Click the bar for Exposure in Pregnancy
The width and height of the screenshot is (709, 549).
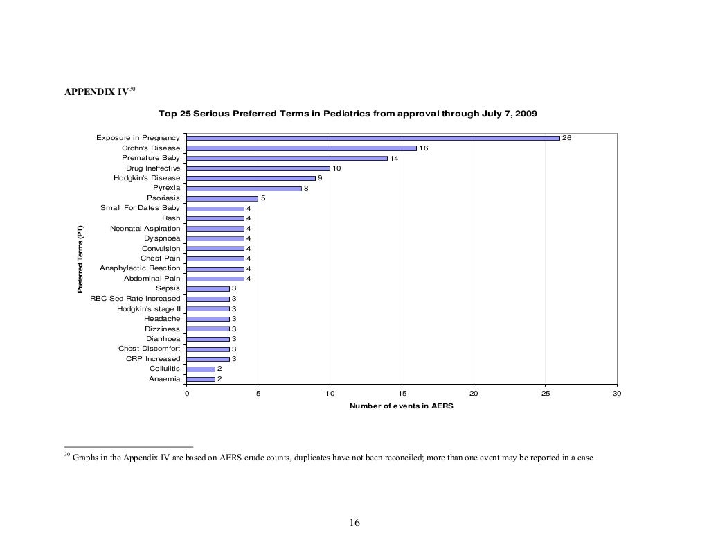(x=373, y=138)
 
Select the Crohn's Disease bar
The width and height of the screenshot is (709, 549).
(x=301, y=148)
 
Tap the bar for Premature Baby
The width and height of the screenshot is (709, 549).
(x=287, y=158)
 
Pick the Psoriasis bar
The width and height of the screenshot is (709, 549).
(x=222, y=198)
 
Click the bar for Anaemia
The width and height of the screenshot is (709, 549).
(x=200, y=379)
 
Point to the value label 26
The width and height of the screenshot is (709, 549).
(x=566, y=138)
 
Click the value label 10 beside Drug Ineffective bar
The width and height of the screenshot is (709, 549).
(x=336, y=168)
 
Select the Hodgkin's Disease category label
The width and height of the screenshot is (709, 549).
(x=147, y=178)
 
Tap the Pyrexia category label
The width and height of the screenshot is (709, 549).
(x=166, y=188)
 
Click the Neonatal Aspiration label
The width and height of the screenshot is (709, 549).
(x=145, y=228)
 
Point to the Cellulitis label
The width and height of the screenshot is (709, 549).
(x=165, y=369)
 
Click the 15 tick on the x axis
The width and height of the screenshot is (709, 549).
(x=402, y=394)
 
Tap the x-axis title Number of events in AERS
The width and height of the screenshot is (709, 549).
(x=402, y=406)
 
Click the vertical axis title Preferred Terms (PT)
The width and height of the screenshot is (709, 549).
(x=80, y=259)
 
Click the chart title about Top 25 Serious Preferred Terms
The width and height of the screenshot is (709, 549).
(x=348, y=113)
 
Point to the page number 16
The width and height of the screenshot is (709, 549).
(x=354, y=523)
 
